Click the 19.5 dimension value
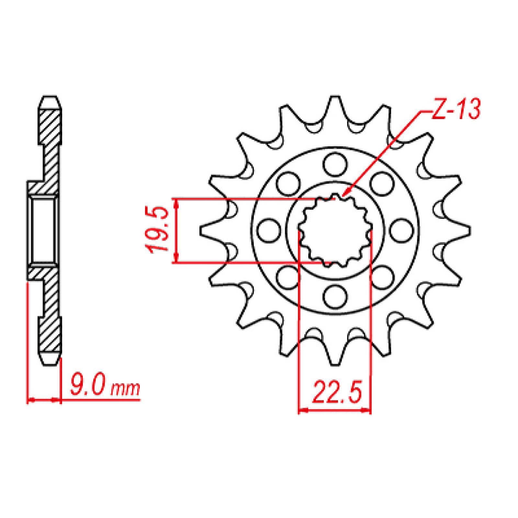pos(158,231)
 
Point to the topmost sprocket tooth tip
pos(335,98)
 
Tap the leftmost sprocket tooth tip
pos(202,231)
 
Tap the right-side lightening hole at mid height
pos(401,231)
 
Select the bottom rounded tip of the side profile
pos(51,363)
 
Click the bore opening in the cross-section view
pos(43,230)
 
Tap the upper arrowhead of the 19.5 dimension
pos(176,202)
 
